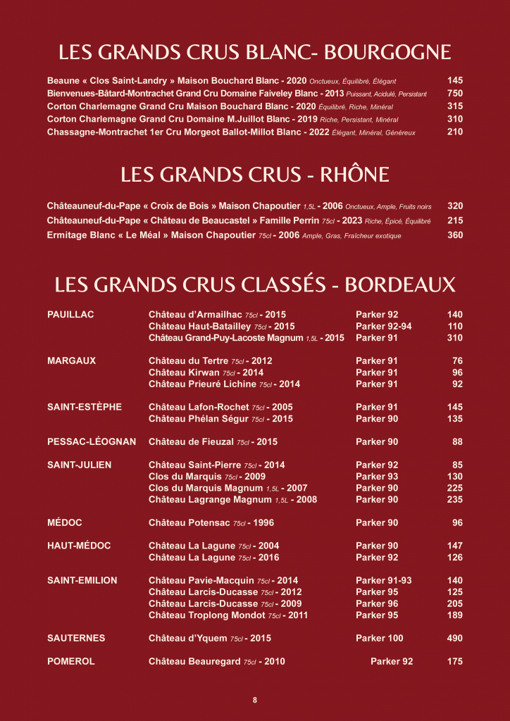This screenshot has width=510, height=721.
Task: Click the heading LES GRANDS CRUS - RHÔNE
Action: pyautogui.click(x=255, y=175)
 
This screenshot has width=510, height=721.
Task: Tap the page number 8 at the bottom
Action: pyautogui.click(x=255, y=700)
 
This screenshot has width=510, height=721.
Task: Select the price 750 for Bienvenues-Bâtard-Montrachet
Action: pyautogui.click(x=455, y=93)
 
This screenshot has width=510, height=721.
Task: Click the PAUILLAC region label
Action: pyautogui.click(x=70, y=315)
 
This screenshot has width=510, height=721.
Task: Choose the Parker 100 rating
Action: pyautogui.click(x=380, y=639)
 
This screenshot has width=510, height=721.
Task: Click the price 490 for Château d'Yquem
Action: pyautogui.click(x=455, y=639)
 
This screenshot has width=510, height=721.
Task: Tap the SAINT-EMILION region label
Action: pyautogui.click(x=82, y=581)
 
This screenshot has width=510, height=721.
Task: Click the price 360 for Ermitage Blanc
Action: pyautogui.click(x=455, y=235)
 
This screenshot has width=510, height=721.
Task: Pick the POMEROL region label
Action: pyautogui.click(x=71, y=662)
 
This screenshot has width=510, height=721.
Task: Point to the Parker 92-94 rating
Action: pyautogui.click(x=384, y=327)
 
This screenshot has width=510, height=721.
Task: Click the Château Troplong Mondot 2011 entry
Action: pyautogui.click(x=228, y=615)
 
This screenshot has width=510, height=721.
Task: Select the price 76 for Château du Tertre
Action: pyautogui.click(x=457, y=361)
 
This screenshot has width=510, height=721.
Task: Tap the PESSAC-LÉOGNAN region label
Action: pyautogui.click(x=92, y=442)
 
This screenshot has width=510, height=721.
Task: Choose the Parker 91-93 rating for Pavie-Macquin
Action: pyautogui.click(x=384, y=581)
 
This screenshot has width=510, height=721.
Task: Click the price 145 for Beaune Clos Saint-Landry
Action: pyautogui.click(x=455, y=81)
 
